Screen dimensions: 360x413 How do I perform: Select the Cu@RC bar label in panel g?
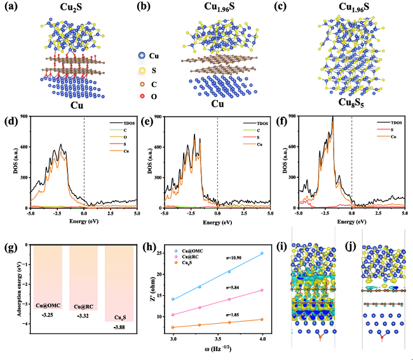click(81, 306)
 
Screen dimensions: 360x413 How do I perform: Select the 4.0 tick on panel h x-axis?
click(261, 340)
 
